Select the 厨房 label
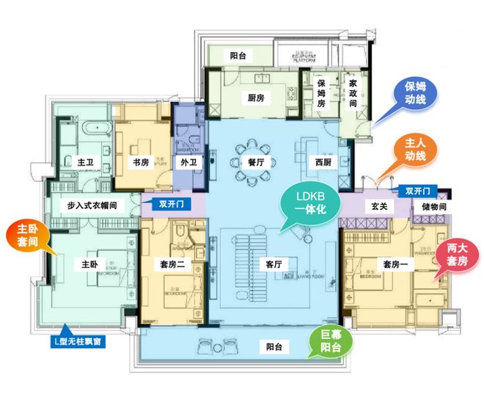coord(256,98)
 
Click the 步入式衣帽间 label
coord(92,206)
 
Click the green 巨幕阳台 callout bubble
coord(329,343)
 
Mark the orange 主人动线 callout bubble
coord(415,149)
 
